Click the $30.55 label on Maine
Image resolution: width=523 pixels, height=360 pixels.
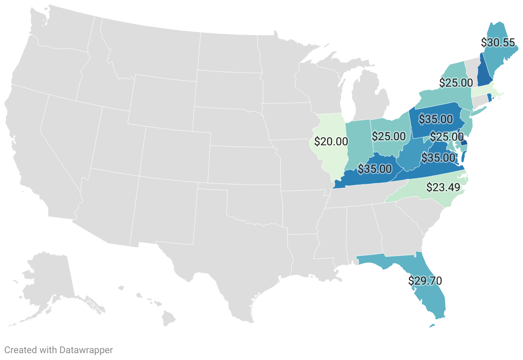[498, 42]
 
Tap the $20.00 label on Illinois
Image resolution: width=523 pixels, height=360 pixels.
[331, 141]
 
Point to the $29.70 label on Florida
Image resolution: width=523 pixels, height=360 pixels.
[425, 281]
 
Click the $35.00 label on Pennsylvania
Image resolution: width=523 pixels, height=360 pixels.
[436, 119]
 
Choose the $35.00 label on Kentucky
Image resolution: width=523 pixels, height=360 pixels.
[375, 169]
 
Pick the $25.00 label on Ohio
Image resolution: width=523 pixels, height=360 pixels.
[388, 136]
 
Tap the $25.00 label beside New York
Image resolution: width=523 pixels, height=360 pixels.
[456, 82]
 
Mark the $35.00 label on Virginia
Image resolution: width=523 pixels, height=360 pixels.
[438, 158]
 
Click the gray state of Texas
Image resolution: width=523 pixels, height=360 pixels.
[223, 244]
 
